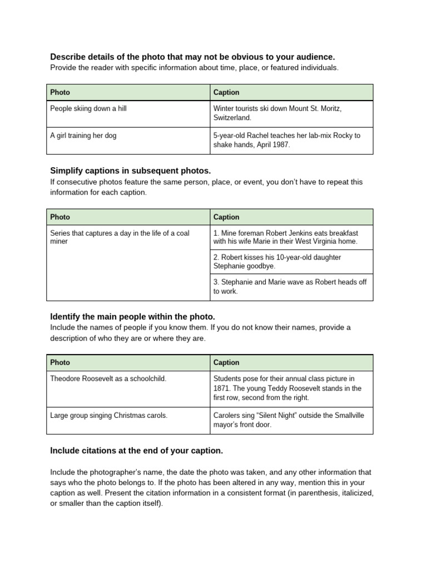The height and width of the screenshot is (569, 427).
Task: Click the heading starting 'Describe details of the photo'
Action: click(192, 57)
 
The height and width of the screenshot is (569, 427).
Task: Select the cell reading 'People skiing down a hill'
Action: click(88, 108)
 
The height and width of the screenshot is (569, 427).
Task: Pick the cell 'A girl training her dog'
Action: click(83, 136)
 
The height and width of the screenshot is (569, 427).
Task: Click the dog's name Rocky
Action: click(344, 136)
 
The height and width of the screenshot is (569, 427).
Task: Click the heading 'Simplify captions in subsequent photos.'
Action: click(131, 170)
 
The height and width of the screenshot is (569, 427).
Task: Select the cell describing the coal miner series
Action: click(120, 237)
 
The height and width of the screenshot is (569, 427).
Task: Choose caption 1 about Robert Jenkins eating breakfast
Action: click(286, 237)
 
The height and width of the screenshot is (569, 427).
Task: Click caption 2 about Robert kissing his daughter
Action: click(277, 262)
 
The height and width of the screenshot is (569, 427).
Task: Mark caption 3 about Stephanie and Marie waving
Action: click(290, 287)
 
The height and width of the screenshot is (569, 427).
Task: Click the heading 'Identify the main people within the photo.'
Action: click(132, 316)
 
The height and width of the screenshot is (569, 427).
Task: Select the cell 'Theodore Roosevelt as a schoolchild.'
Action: click(108, 378)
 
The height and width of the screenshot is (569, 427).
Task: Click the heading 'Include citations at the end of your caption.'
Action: click(136, 450)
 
